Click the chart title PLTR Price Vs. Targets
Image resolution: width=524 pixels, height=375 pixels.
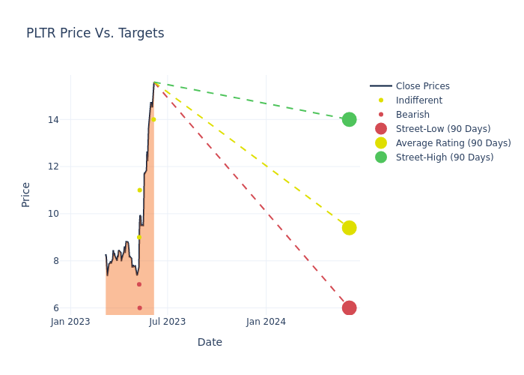point(95,34)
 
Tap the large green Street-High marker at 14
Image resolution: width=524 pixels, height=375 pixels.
point(349,119)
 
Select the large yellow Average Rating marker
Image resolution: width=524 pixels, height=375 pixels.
point(349,227)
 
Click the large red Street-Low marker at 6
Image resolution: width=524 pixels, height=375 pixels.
point(349,307)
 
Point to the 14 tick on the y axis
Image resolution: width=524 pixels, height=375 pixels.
point(54,119)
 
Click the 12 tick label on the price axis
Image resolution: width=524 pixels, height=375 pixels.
point(54,166)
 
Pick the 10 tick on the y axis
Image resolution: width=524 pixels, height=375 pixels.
point(54,214)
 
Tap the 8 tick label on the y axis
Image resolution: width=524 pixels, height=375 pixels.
point(56,261)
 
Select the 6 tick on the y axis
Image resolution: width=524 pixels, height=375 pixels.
point(56,307)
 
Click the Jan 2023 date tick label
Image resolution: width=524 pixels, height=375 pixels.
point(70,322)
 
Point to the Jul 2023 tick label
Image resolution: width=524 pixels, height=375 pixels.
point(168,322)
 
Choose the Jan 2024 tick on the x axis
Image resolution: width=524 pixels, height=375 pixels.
point(266,322)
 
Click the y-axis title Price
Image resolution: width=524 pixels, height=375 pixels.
point(26,194)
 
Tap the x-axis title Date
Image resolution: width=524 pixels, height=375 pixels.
point(210,343)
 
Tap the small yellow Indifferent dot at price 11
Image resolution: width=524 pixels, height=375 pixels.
point(139,190)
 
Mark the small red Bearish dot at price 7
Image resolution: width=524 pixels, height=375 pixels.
point(139,284)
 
